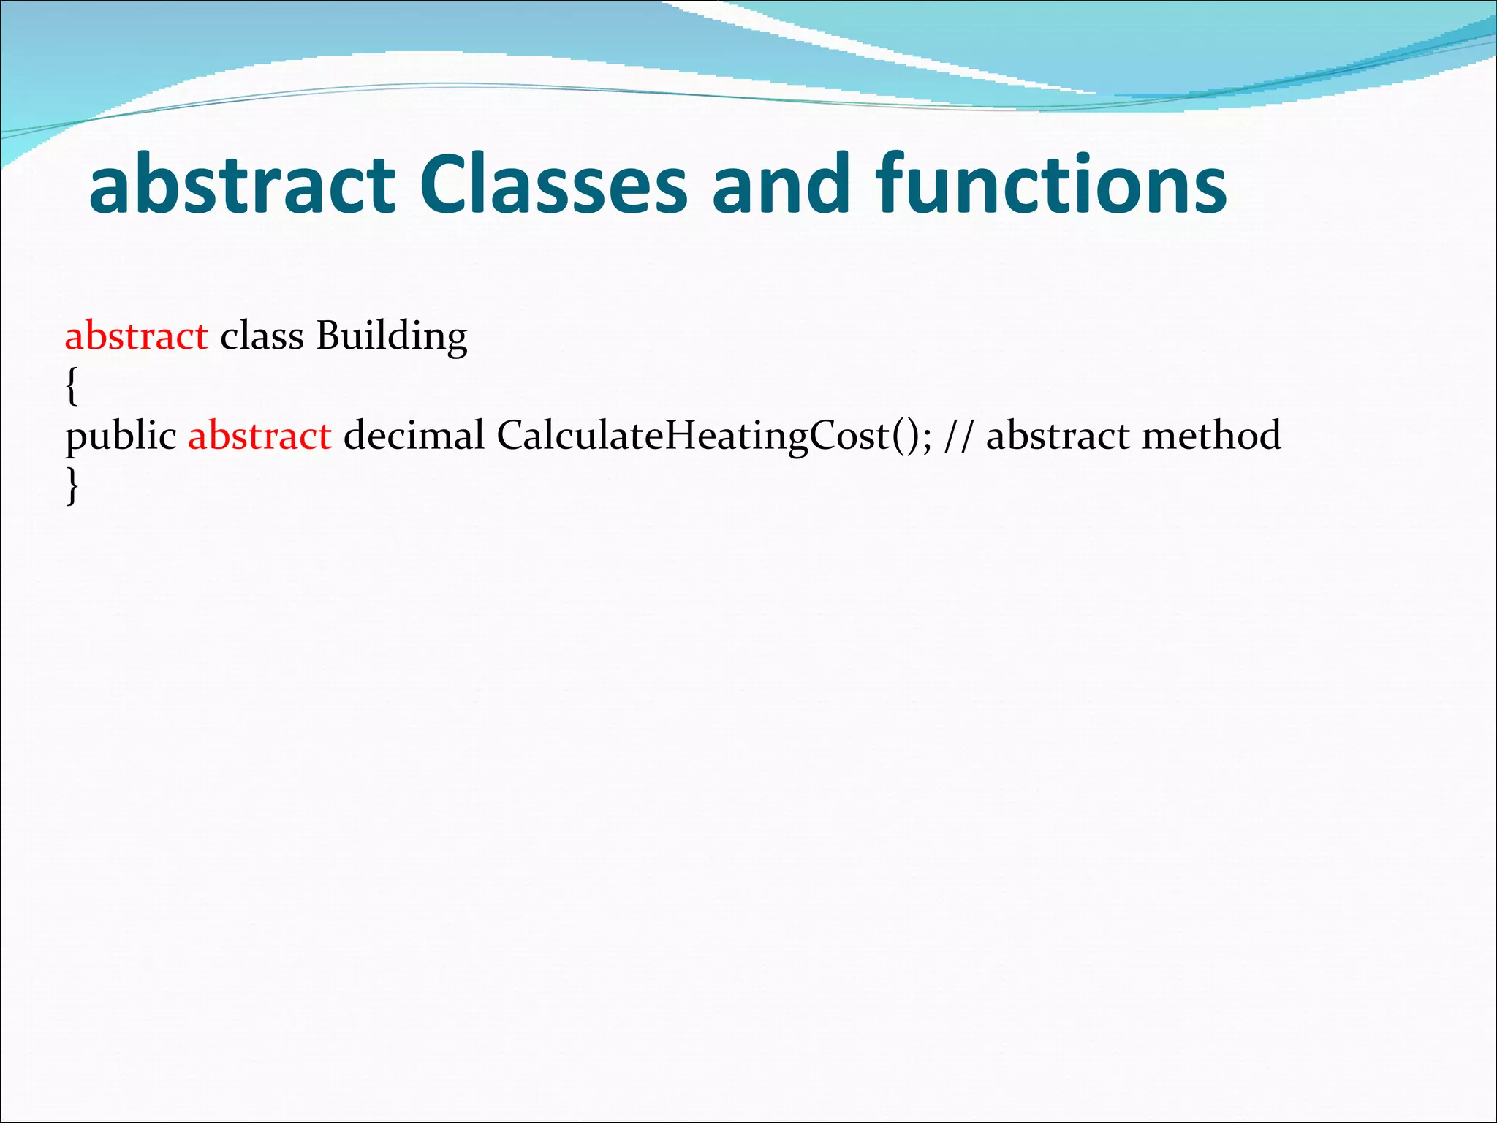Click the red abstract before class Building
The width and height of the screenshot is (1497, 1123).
(137, 336)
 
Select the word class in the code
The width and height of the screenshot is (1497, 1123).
(262, 336)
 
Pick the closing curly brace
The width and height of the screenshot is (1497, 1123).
(71, 485)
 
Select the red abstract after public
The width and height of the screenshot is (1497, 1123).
(259, 436)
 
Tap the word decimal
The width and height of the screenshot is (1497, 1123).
(414, 436)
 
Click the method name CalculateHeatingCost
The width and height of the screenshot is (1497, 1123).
(691, 436)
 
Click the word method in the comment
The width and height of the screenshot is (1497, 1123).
(1211, 436)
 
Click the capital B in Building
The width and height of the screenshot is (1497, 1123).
(328, 336)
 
